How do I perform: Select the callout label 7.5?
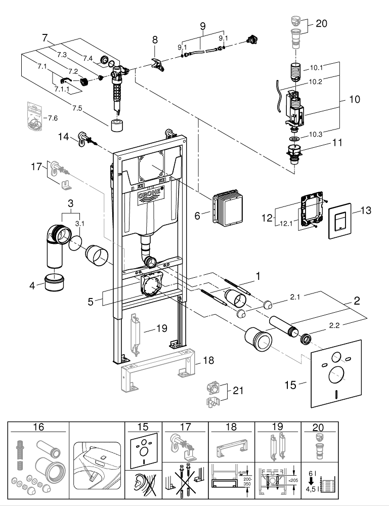coord(78,108)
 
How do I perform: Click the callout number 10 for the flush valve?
coord(354,99)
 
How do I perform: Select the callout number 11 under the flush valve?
coord(337,143)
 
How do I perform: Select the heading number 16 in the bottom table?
coord(37,427)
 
